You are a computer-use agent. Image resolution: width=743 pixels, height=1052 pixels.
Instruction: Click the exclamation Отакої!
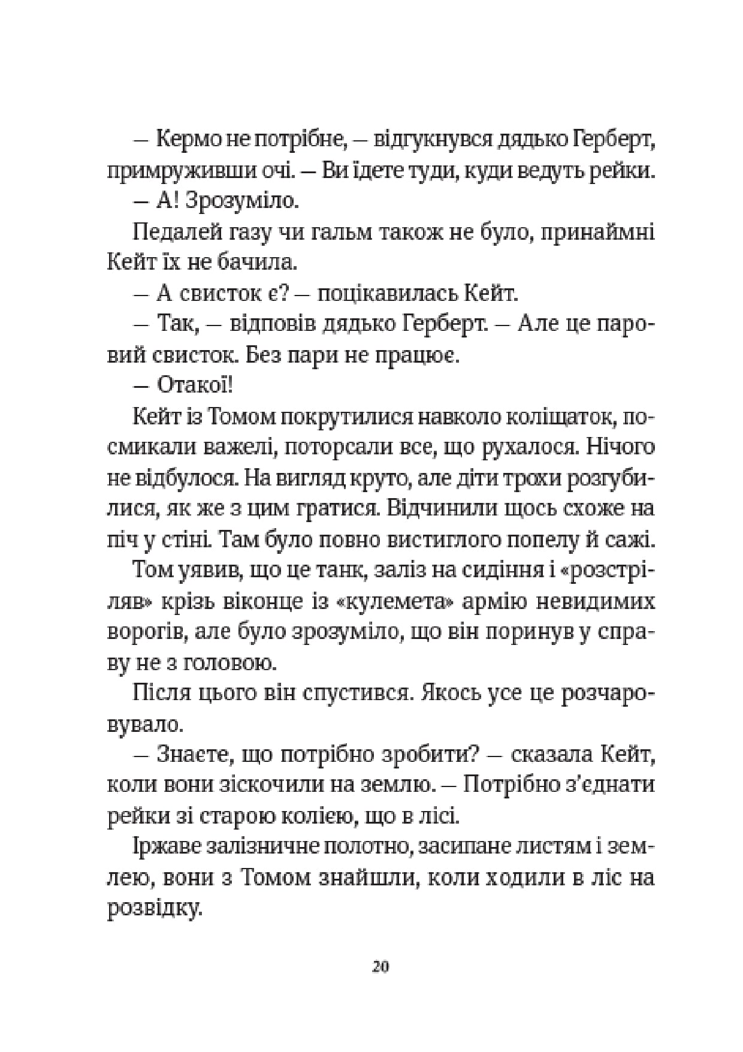(x=194, y=385)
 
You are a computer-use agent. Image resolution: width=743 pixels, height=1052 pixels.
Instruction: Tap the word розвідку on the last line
(x=152, y=910)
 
